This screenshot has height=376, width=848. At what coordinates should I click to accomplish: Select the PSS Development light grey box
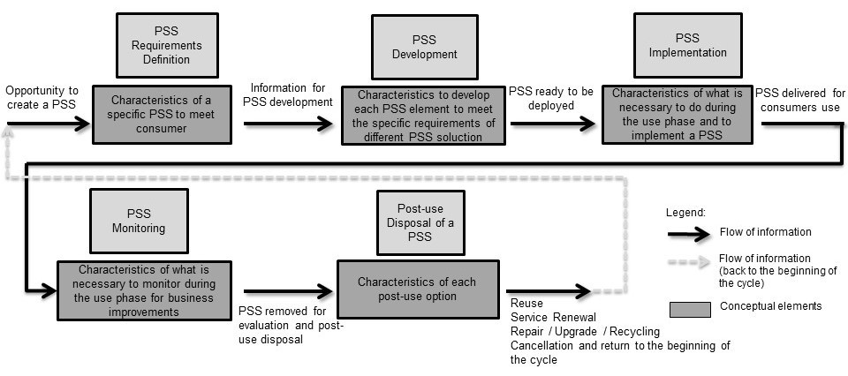(x=423, y=46)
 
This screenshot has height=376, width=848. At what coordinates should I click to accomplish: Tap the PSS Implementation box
(x=687, y=46)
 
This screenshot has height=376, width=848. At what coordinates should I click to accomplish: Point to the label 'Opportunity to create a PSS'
(x=42, y=98)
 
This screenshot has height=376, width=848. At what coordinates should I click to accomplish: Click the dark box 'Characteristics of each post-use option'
(x=416, y=289)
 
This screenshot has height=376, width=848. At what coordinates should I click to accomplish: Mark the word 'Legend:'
(x=685, y=213)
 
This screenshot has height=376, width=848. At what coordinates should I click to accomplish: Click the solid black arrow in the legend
(x=690, y=233)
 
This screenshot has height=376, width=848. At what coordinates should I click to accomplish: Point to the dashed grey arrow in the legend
(x=690, y=263)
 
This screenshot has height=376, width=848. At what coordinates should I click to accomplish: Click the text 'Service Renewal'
(x=553, y=318)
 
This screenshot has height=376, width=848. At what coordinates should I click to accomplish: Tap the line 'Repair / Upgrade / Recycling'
(x=584, y=331)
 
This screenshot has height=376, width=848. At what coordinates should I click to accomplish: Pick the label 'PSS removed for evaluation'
(x=291, y=319)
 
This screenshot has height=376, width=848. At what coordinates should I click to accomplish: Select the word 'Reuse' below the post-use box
(x=527, y=304)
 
